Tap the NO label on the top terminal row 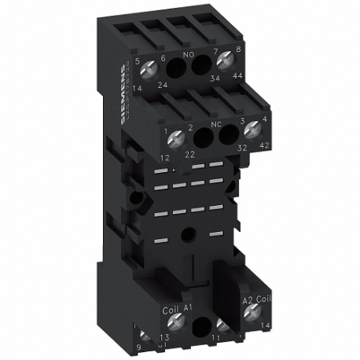pos(188,57)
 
